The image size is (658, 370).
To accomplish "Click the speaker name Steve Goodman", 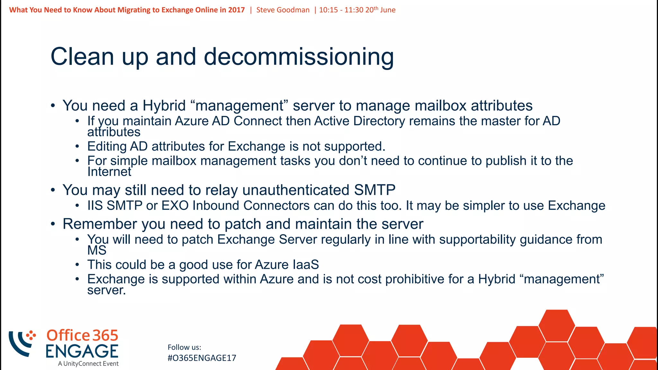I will click(283, 10).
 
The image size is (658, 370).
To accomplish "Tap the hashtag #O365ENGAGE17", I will click(202, 358).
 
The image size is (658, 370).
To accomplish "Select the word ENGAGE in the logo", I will click(82, 351).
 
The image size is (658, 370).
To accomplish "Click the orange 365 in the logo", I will click(105, 335).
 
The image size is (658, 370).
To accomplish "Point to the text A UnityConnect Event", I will click(88, 364).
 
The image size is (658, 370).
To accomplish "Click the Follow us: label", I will click(184, 347).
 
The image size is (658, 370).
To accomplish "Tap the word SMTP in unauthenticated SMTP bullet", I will click(375, 190).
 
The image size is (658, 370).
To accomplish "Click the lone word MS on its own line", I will click(97, 250).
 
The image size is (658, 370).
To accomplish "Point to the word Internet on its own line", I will click(109, 172).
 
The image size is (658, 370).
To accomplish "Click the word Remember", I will click(100, 224).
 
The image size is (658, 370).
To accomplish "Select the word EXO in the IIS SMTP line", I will click(175, 206).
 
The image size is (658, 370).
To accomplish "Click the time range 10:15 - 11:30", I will click(341, 10).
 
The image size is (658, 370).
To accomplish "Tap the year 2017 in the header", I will click(236, 10).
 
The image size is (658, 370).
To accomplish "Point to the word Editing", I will click(107, 146).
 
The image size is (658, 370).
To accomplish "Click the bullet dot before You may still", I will click(53, 190).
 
